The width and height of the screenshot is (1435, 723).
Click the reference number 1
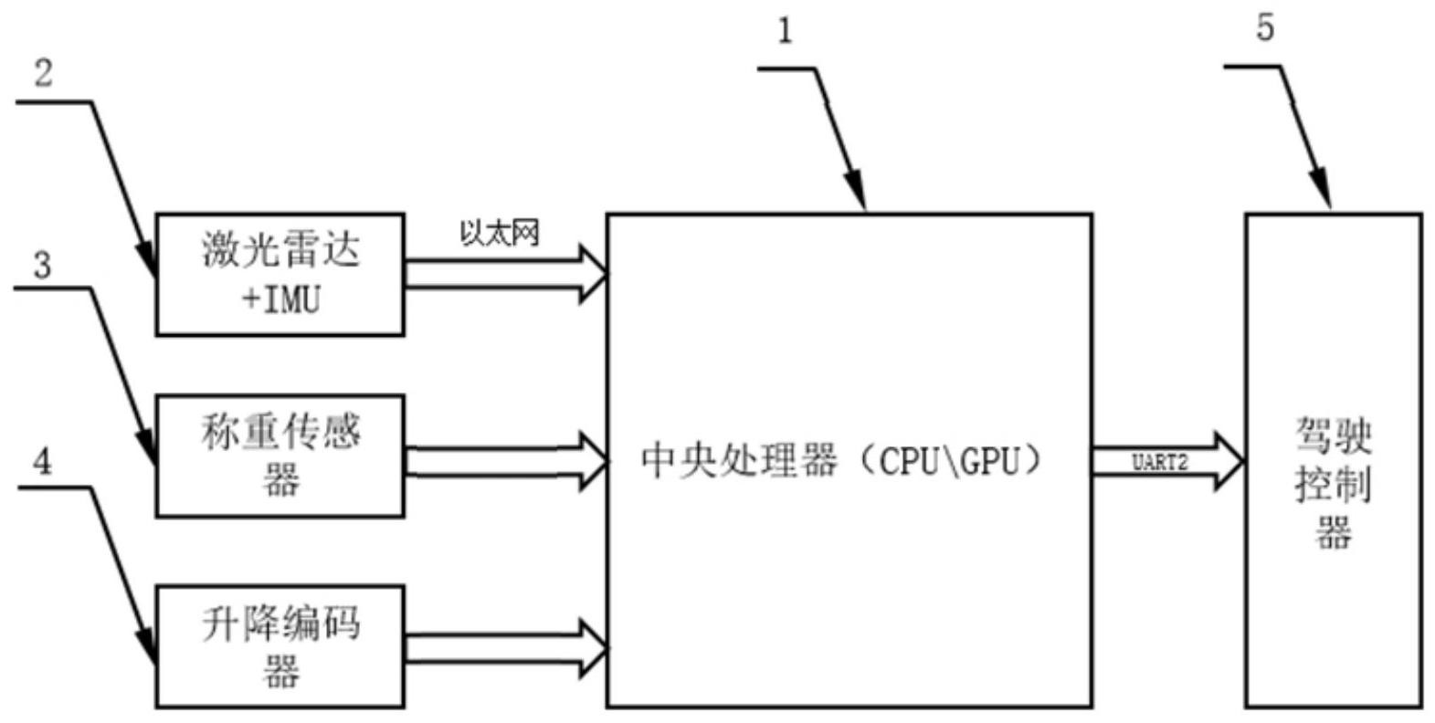pos(785,31)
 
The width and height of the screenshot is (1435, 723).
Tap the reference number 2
pos(44,73)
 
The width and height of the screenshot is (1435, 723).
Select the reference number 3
pos(42,266)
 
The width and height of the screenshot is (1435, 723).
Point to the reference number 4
pos(42,462)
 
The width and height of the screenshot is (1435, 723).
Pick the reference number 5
pos(1264,28)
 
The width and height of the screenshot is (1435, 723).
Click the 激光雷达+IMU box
pos(280,274)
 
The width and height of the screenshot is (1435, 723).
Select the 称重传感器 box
pos(280,456)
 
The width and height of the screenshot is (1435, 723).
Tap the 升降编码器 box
pos(280,647)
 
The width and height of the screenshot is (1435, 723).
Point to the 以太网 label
pos(499,234)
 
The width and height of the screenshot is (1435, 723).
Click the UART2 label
pos(1159,463)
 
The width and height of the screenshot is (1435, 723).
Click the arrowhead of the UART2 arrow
pos(1229,461)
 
